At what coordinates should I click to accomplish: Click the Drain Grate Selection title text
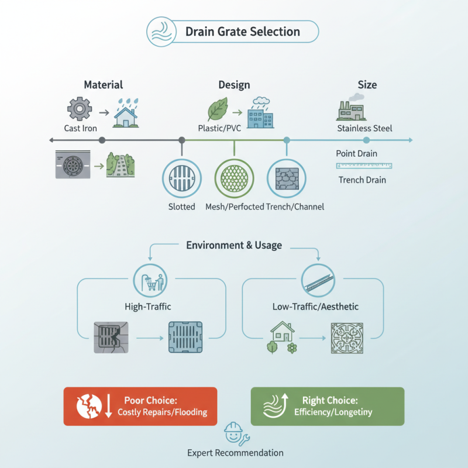click(242, 32)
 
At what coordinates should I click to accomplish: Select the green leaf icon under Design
click(218, 109)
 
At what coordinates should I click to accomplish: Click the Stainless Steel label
click(364, 128)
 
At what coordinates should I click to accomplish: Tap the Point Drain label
click(356, 153)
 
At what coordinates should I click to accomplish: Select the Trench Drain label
click(362, 180)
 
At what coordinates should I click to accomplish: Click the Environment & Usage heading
click(234, 245)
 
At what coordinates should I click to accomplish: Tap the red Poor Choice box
click(140, 406)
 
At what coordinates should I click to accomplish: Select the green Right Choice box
click(327, 406)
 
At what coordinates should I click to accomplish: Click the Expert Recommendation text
click(235, 453)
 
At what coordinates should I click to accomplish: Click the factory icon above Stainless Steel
click(349, 109)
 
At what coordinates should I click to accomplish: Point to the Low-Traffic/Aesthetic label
click(315, 307)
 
